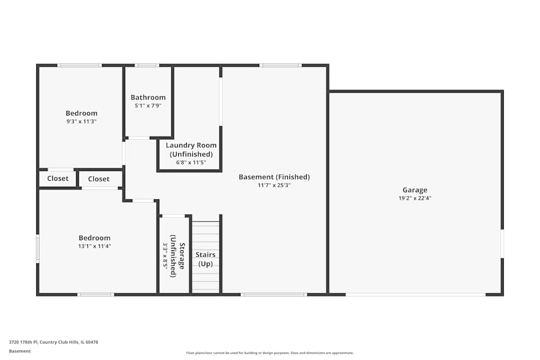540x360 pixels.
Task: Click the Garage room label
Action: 415,190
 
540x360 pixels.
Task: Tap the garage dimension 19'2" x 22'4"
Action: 415,198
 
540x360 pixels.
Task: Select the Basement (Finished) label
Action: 274,177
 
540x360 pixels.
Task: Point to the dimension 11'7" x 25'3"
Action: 274,185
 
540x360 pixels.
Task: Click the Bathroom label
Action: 148,98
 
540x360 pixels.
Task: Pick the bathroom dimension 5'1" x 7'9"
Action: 148,106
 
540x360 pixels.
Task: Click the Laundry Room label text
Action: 191,150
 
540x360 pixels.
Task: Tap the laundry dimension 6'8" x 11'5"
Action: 191,162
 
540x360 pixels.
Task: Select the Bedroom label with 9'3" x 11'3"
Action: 82,113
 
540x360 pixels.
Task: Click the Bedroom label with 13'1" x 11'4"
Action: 94,238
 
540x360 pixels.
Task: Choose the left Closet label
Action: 58,179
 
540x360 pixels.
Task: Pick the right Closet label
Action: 99,179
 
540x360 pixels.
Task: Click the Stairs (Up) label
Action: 205,259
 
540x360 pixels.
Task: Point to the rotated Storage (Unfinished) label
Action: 178,256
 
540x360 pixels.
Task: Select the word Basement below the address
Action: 20,351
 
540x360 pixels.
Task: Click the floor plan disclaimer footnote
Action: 269,352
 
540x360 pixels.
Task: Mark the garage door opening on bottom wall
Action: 415,294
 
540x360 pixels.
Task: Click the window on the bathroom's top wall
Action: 147,65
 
